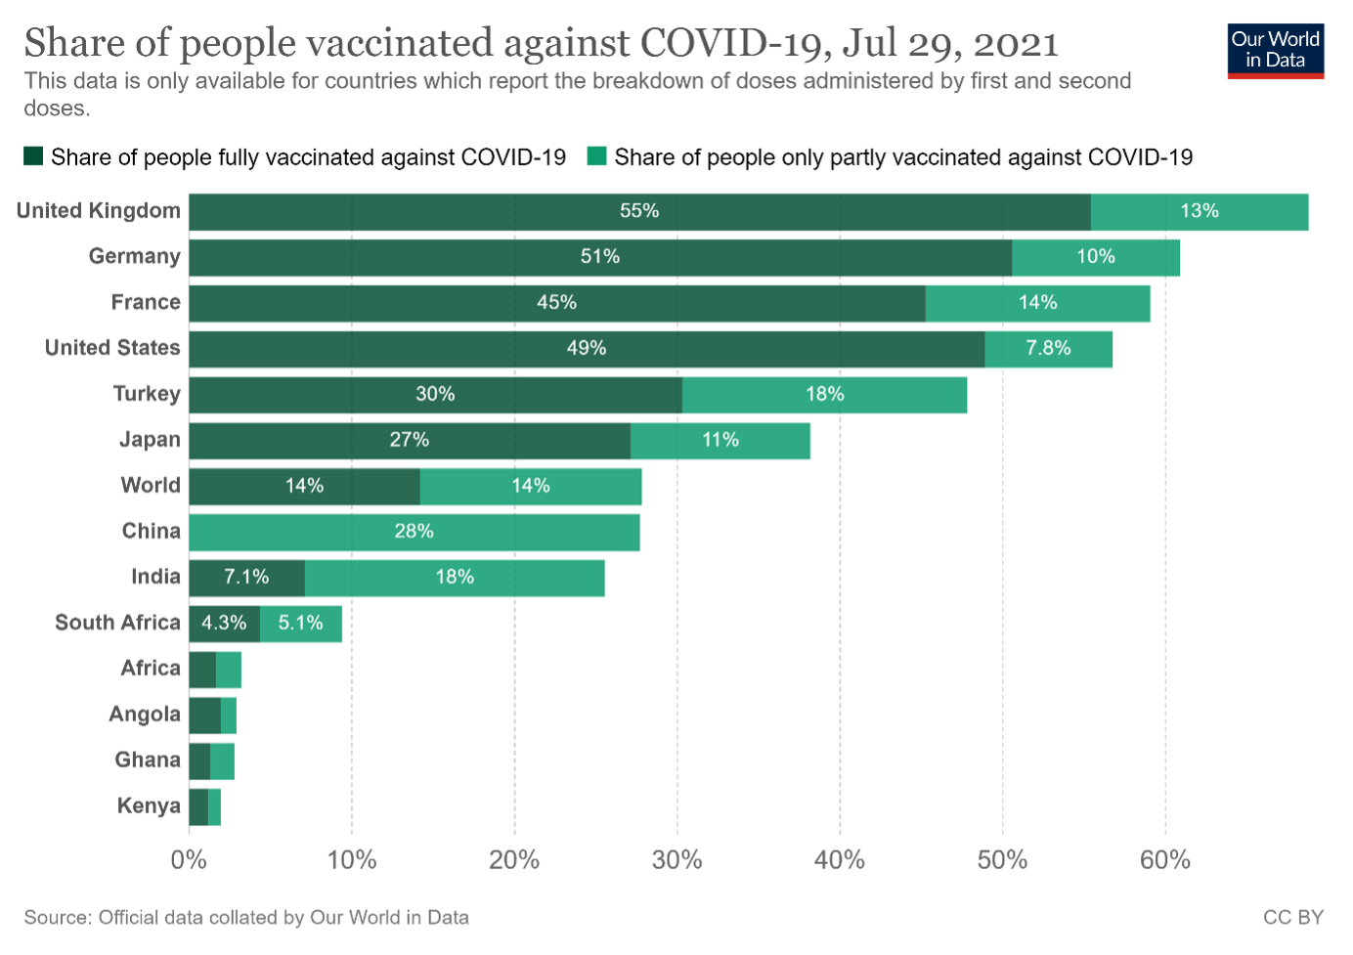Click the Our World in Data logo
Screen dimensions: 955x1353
[1275, 50]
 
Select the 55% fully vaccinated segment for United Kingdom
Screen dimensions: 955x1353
[639, 211]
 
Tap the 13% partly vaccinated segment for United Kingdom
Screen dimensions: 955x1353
[1199, 211]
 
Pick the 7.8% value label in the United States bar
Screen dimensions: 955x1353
[1048, 348]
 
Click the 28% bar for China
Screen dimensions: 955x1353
[415, 532]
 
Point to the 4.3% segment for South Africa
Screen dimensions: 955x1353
[224, 624]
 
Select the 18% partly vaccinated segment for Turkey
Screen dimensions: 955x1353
[824, 394]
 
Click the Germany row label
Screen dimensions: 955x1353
[134, 256]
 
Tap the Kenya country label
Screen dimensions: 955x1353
[149, 805]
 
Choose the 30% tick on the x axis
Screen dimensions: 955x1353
[676, 860]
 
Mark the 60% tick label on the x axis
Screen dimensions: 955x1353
[1164, 860]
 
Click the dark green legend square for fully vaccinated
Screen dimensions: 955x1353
[33, 156]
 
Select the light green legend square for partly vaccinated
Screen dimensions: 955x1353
[596, 156]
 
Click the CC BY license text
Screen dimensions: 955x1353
[1292, 917]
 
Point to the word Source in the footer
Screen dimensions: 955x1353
[57, 917]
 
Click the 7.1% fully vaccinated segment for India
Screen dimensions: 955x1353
[246, 578]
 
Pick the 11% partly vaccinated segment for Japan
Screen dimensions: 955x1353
[720, 440]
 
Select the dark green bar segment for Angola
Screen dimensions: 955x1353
[204, 716]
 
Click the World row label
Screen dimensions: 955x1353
[151, 485]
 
